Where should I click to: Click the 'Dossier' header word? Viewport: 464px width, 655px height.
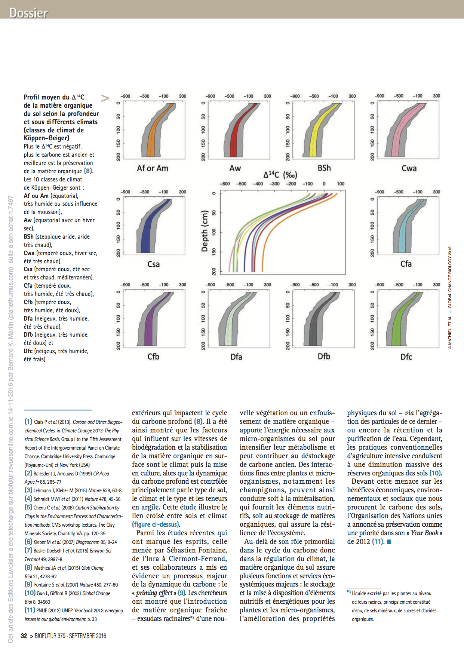(28, 13)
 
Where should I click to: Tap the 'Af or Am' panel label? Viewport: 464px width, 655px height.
(153, 168)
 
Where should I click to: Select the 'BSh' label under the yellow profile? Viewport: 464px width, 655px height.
(324, 168)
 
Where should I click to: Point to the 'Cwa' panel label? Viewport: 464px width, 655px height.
(409, 168)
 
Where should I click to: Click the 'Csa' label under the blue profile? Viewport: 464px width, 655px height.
(153, 264)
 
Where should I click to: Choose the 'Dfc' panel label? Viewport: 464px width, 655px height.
(406, 357)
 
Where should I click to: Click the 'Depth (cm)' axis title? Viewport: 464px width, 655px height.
(205, 231)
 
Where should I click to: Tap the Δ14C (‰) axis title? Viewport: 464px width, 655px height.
(280, 175)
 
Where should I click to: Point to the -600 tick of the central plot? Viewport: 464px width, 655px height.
(224, 184)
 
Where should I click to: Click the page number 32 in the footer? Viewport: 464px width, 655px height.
(24, 636)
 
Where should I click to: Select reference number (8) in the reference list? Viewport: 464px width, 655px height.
(28, 567)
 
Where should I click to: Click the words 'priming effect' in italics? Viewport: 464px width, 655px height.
(154, 593)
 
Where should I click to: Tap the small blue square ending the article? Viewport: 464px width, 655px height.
(389, 542)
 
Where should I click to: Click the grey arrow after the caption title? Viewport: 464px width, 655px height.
(105, 98)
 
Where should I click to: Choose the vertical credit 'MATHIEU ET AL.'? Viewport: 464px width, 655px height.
(450, 329)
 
